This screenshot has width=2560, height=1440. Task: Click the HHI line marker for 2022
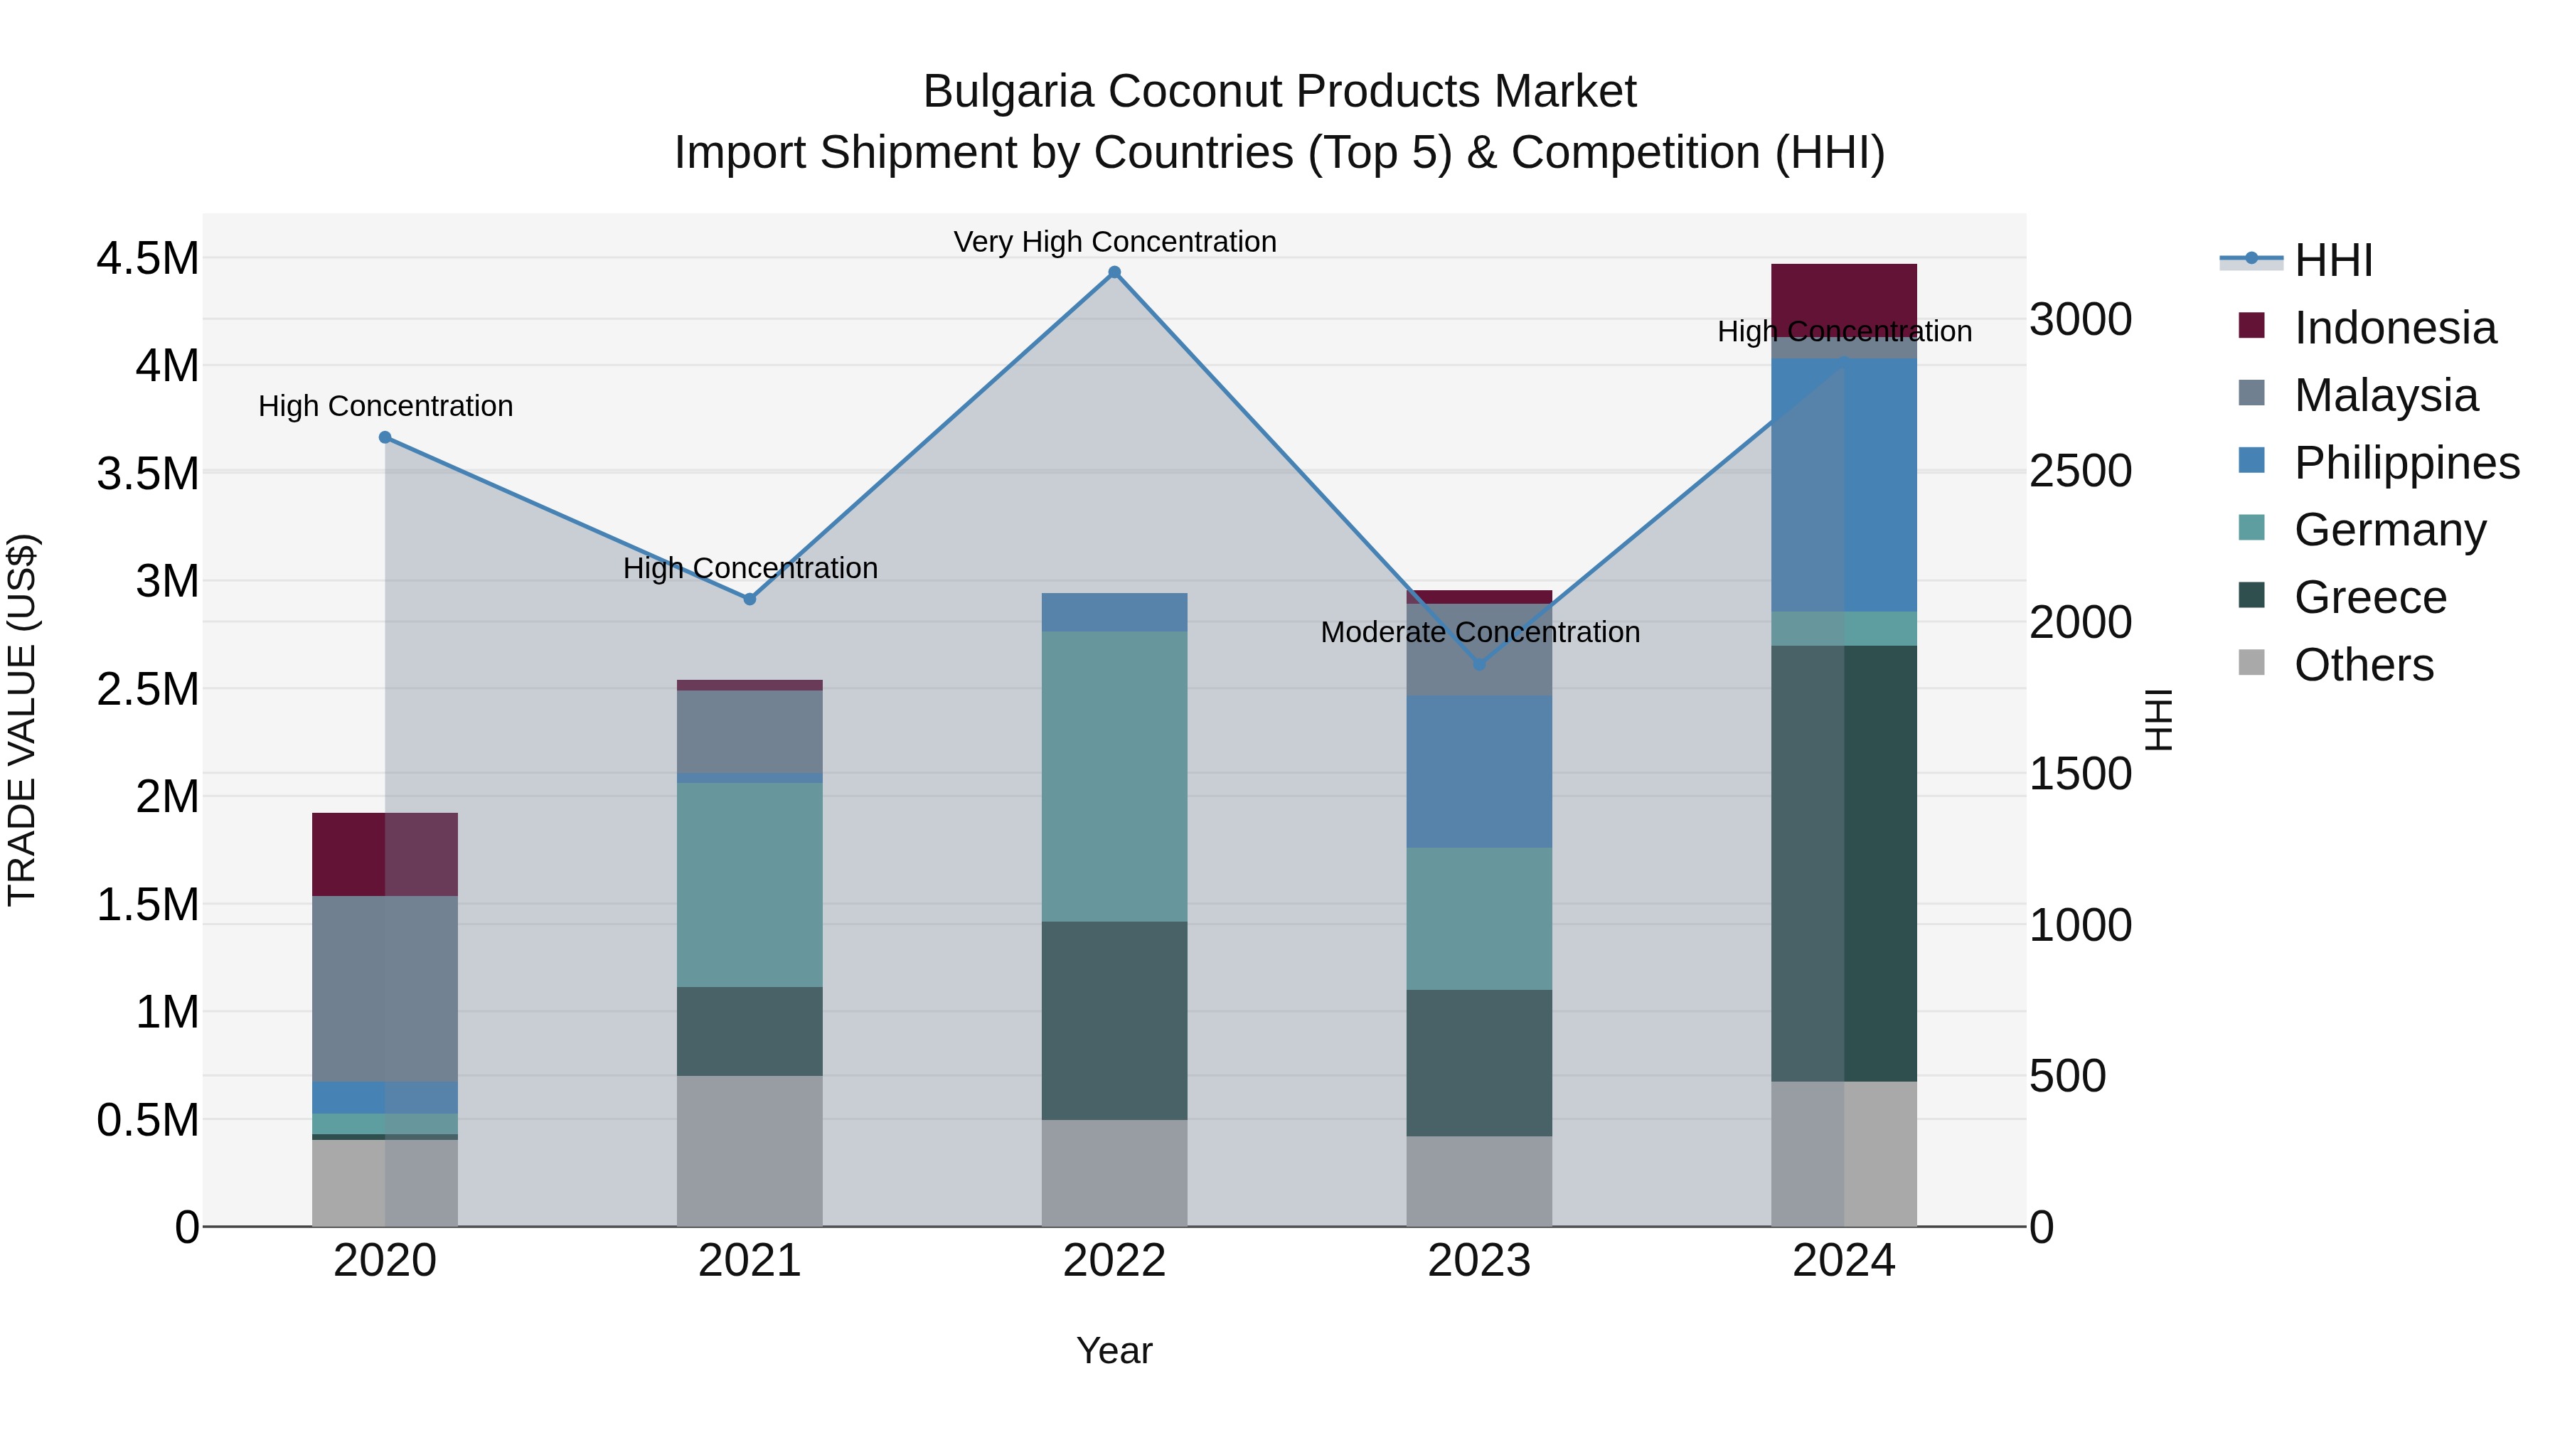1114,272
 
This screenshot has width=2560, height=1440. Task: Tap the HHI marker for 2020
385,437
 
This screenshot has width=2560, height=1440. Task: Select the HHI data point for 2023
1479,664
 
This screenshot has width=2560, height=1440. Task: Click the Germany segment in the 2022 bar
1114,775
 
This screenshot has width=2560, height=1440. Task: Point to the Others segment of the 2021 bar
750,1150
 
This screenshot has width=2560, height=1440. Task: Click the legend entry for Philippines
2405,463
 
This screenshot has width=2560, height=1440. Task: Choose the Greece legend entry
2369,597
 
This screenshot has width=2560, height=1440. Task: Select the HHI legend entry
2332,260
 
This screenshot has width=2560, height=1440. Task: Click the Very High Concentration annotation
1114,242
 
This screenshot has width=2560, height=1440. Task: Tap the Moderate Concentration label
1479,632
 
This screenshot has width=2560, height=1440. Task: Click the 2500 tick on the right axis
2079,471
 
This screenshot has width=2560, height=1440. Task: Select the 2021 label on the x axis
750,1261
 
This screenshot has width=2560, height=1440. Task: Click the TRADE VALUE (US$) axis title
22,720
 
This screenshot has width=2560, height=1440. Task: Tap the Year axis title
1114,1350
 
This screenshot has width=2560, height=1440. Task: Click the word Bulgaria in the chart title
1008,92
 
